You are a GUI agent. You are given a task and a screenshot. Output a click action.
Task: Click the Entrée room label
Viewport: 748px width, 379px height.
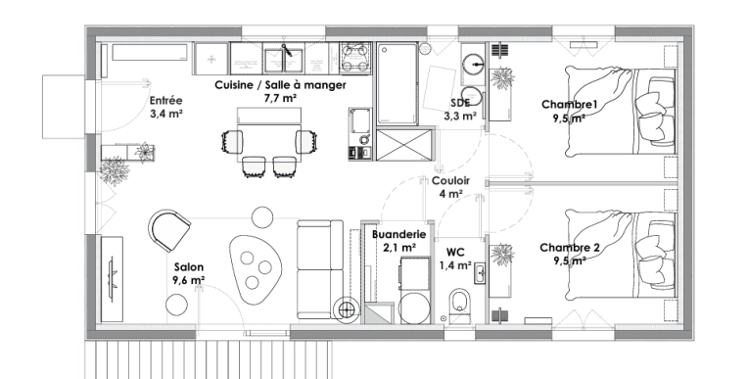(x=165, y=101)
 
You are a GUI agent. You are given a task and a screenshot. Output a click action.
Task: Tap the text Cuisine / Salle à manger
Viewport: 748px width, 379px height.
(x=279, y=85)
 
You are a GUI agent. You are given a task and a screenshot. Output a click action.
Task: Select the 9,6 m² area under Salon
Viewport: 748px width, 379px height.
(x=188, y=280)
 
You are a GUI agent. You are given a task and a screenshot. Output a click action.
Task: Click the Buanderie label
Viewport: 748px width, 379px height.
(x=398, y=235)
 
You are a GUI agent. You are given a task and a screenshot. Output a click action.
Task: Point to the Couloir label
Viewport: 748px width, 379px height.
(x=450, y=181)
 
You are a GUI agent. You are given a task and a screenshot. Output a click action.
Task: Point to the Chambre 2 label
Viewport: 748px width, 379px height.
(x=569, y=248)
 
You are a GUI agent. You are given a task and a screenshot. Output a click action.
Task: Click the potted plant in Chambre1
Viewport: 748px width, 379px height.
(x=505, y=78)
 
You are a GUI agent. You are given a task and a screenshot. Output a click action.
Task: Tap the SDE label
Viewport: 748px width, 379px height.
(x=460, y=103)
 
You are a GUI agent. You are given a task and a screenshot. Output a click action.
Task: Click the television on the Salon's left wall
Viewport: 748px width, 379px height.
(x=109, y=278)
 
